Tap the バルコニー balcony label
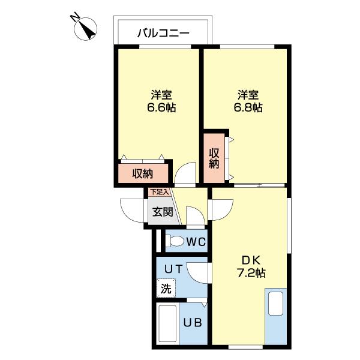pos(163,32)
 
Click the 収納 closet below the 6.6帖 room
pos(143,174)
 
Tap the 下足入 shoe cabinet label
pos(158,192)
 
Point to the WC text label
pos(196,242)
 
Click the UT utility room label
pos(173,269)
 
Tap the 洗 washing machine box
pos(166,288)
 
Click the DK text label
pos(250,260)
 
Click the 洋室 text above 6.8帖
pos(248,95)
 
